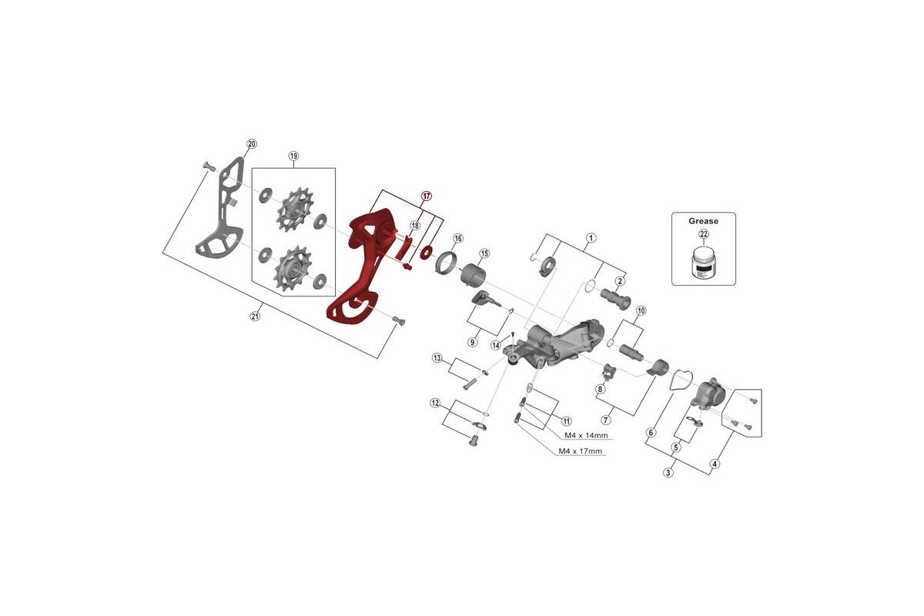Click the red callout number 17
(426, 196)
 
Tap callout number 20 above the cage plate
(251, 144)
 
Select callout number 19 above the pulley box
(293, 156)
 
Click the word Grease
(703, 221)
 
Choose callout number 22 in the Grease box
(703, 234)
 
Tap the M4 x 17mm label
(580, 451)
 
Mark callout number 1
(591, 237)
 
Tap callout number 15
(484, 253)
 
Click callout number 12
(435, 403)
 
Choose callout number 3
(668, 473)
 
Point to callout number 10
(641, 310)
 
